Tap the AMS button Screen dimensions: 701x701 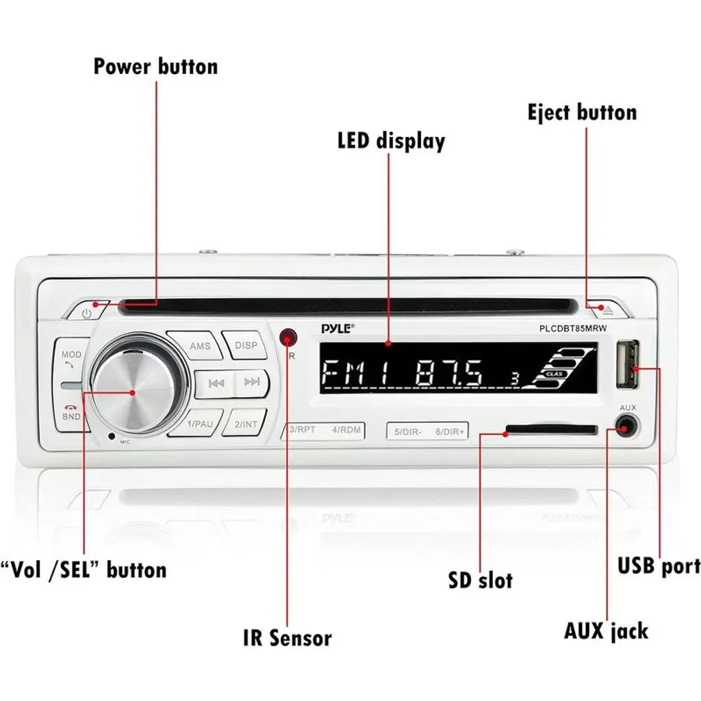tap(200, 346)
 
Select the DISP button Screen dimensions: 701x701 tap(246, 345)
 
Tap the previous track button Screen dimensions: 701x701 tap(216, 383)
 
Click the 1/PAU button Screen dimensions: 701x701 tap(200, 424)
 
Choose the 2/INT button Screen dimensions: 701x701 tap(246, 424)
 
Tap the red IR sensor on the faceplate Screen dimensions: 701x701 tap(289, 337)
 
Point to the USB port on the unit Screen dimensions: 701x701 tap(628, 364)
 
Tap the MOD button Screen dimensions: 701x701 tap(71, 358)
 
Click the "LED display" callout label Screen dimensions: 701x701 tap(391, 141)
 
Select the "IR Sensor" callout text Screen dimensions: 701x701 tap(287, 638)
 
